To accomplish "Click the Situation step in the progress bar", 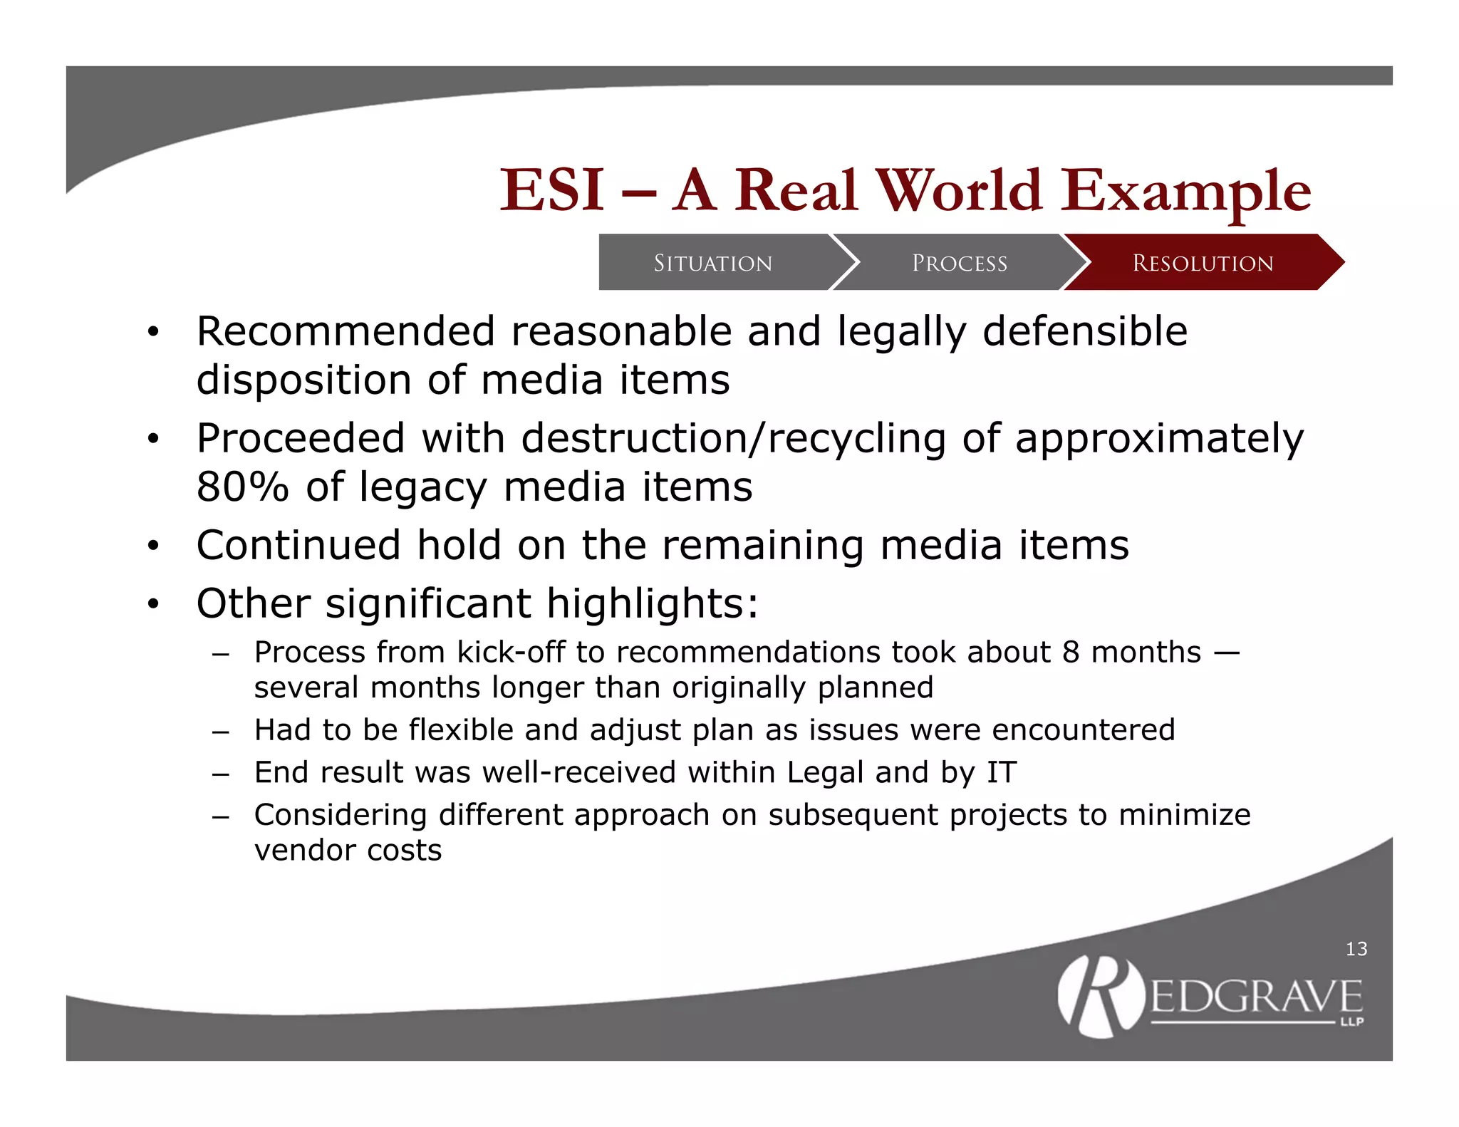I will point(713,263).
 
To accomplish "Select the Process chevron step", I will point(960,263).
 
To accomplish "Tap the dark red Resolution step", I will point(1203,263).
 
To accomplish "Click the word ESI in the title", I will point(552,190).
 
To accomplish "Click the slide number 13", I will point(1356,949).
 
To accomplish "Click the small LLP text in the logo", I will point(1351,1022).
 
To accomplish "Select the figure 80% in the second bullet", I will point(242,487).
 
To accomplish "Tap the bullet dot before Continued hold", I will point(152,546).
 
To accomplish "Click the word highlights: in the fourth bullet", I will point(652,604).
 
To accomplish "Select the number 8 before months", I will point(1071,653).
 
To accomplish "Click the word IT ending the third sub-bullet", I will point(1002,773).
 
